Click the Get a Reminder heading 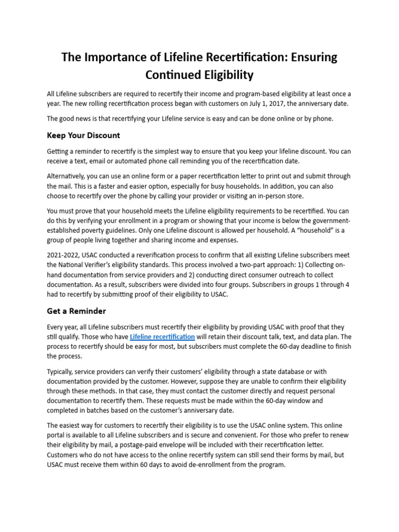click(x=76, y=311)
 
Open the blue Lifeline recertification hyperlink click(x=162, y=337)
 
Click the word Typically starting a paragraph click(x=60, y=371)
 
